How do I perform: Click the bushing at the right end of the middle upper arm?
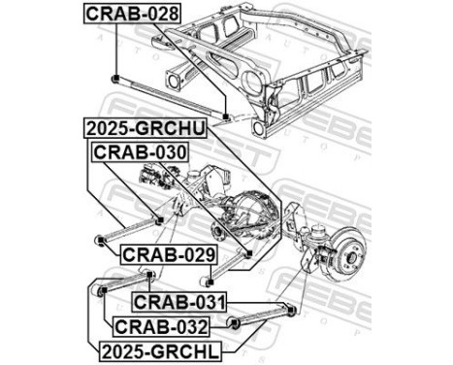coord(251,254)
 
